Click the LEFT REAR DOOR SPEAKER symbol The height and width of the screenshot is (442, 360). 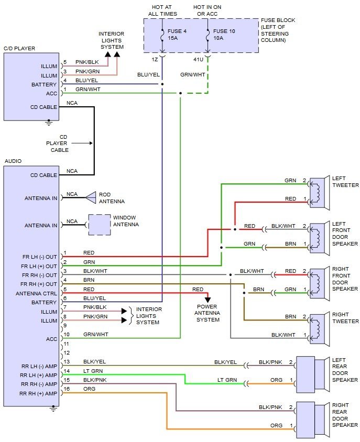pos(311,374)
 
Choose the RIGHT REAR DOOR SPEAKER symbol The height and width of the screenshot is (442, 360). pos(311,419)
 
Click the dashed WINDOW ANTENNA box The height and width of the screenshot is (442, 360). pos(99,225)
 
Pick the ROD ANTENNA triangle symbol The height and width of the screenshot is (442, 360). pos(91,197)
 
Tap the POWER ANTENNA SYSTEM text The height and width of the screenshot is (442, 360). pos(208,313)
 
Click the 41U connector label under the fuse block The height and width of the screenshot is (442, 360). pos(199,59)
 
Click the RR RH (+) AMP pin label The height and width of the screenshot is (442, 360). pos(38,393)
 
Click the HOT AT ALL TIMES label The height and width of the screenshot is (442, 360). pos(162,10)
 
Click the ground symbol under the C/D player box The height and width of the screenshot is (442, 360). pos(48,123)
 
